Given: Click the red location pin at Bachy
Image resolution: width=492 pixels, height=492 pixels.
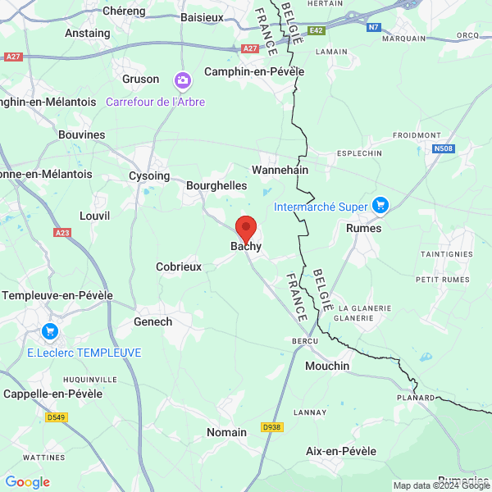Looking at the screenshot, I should point(246,228).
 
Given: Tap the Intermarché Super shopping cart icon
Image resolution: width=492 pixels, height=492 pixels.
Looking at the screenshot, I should point(380,205).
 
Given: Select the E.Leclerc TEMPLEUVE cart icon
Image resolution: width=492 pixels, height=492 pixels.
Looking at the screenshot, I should point(50,332).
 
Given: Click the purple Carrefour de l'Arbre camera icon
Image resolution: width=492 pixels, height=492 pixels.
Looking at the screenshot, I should point(181,80).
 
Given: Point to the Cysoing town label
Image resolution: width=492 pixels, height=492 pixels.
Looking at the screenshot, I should point(149,175).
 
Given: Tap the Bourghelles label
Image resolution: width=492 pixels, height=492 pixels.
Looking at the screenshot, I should point(216,185).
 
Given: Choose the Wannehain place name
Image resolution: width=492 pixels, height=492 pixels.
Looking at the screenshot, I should point(280,170).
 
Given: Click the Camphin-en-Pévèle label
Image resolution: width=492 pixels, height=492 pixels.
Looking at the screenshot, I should point(254,71).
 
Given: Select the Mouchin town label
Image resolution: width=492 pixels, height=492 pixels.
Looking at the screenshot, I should point(327,366).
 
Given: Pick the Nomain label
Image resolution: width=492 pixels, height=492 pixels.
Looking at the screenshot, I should point(226,432).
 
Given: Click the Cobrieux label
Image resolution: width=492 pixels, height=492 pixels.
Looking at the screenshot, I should point(179,266).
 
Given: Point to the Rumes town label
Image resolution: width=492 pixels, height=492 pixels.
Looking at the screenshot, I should point(364,228).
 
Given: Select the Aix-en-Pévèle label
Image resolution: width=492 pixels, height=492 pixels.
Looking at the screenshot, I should point(341,451).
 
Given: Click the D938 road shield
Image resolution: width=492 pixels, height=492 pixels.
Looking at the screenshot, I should point(271,427).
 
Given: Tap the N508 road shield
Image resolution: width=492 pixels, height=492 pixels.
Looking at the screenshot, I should point(444,148).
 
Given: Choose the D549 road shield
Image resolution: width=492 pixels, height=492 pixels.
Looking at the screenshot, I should point(56,417).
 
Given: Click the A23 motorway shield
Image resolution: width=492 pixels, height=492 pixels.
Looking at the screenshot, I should point(62,233).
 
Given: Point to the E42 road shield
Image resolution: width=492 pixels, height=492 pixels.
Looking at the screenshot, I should point(317,31).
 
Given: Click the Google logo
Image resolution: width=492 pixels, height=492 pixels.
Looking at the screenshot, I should point(28,482).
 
